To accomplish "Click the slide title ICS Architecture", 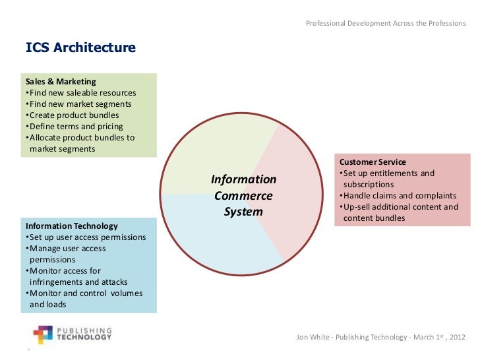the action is [x=80, y=48].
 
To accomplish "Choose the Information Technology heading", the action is [x=71, y=226].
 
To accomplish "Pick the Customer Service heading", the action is [x=373, y=162].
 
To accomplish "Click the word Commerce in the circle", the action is [x=243, y=196].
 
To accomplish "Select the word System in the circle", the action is [x=243, y=212].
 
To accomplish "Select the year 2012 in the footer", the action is [x=456, y=338].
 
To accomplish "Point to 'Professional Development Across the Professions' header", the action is [x=386, y=24].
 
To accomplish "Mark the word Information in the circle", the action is [x=243, y=179].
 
